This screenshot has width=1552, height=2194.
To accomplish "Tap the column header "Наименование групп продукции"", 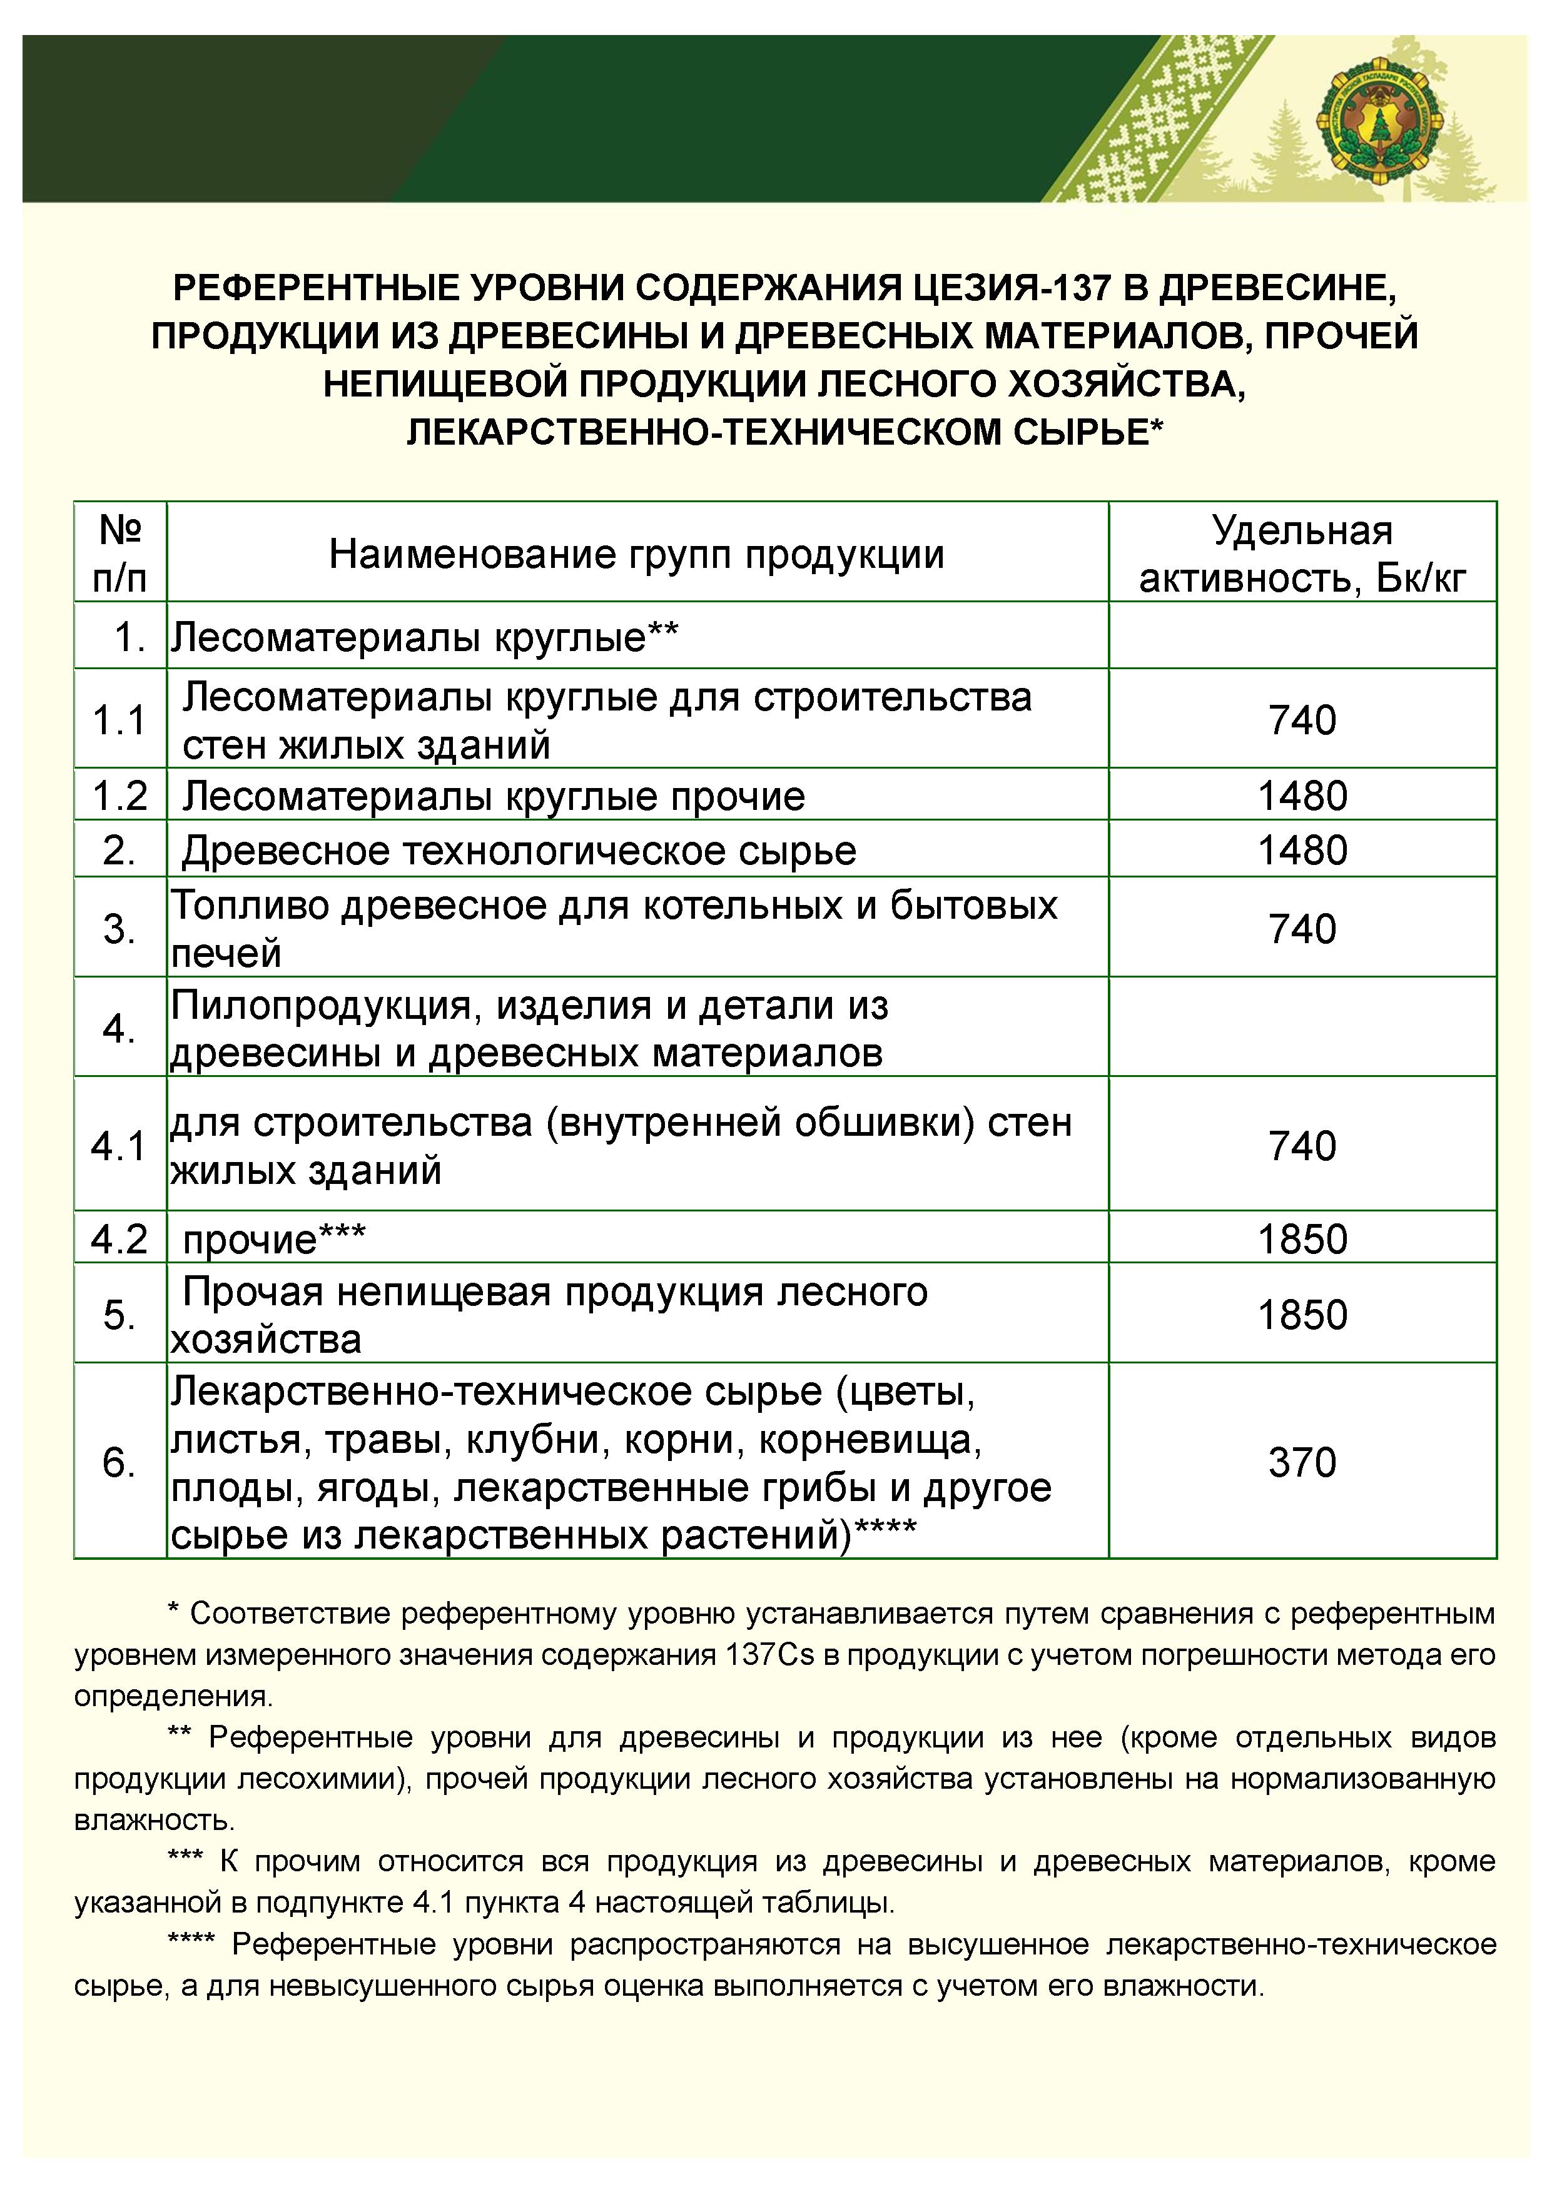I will [636, 554].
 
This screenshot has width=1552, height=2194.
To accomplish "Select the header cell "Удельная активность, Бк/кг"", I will [1302, 554].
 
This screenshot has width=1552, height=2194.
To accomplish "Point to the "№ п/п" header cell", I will [120, 554].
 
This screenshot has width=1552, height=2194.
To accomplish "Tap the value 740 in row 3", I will [1302, 929].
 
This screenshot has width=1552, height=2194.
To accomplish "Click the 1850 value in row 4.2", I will [1302, 1240].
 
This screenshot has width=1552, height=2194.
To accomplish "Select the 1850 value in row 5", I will [1302, 1315].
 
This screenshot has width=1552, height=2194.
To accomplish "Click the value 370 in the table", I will [1302, 1463].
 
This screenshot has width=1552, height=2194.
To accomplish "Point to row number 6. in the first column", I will [119, 1463].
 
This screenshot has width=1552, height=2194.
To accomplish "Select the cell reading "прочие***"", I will [274, 1240].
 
